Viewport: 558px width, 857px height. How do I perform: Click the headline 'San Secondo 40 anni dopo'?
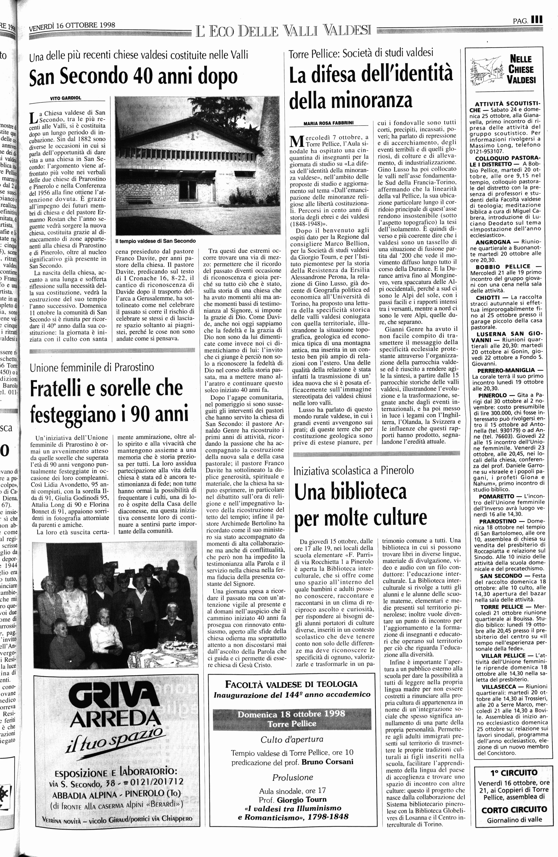click(x=133, y=76)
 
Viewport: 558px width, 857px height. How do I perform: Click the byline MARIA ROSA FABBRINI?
click(x=328, y=123)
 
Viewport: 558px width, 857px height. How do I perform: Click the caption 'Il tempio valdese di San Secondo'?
click(x=156, y=241)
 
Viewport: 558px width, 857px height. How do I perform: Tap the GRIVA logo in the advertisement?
click(x=114, y=697)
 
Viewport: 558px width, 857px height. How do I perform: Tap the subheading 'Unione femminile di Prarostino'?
click(x=92, y=368)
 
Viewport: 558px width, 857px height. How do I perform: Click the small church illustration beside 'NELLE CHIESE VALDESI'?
click(x=486, y=70)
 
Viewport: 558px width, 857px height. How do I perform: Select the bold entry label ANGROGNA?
click(x=493, y=242)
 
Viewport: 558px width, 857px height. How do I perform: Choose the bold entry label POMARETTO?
click(x=496, y=496)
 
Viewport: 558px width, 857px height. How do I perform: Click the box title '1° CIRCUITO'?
click(x=513, y=773)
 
